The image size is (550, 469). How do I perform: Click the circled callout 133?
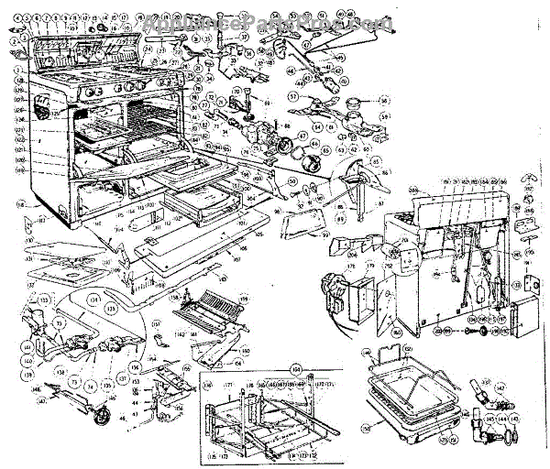click(43, 300)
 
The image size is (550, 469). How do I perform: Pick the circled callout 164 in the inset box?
click(296, 369)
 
